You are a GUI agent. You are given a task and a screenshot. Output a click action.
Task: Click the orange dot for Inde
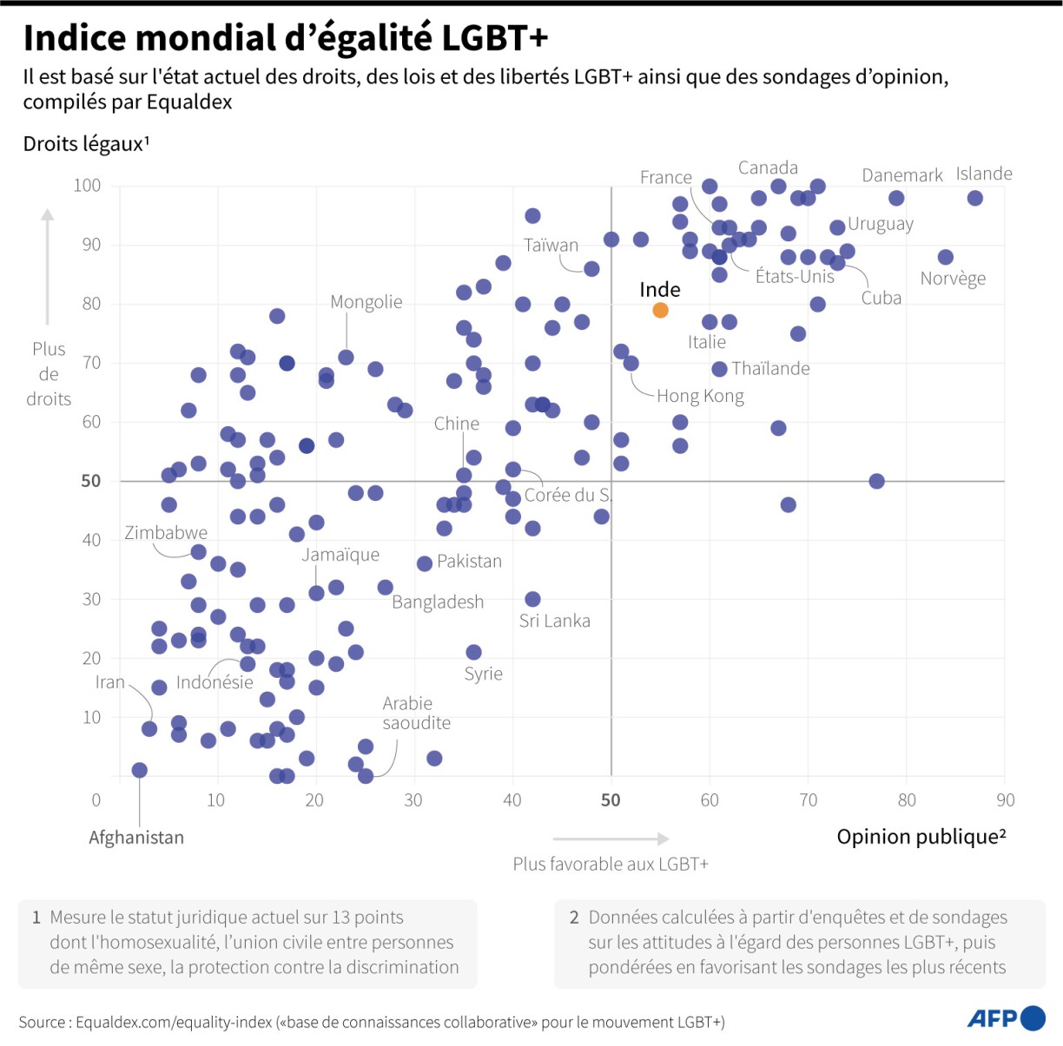tap(660, 310)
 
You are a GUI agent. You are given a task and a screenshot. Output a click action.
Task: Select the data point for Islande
tap(974, 198)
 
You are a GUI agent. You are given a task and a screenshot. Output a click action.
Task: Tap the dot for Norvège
tap(945, 257)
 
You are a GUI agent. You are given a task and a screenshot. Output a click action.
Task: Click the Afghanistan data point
tap(139, 770)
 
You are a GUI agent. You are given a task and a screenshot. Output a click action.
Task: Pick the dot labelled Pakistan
tap(425, 563)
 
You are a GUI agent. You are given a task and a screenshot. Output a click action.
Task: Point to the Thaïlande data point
tap(719, 369)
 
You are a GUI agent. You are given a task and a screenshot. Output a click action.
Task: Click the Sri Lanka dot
tap(532, 599)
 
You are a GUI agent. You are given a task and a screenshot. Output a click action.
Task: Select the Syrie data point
tap(473, 652)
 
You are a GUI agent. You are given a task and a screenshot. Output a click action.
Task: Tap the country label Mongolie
tap(366, 302)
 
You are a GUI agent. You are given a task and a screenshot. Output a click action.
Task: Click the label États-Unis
tap(794, 277)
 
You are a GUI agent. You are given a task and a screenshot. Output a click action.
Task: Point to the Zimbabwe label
tap(166, 532)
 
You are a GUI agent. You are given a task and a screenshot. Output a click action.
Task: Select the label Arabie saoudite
tap(416, 713)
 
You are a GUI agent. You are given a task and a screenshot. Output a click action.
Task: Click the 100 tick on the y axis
tap(87, 185)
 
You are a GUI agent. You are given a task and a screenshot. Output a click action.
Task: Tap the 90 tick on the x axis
tap(1005, 799)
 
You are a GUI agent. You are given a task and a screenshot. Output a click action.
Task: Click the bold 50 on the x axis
tap(611, 799)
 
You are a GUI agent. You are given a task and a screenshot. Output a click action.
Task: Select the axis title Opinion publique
tap(921, 837)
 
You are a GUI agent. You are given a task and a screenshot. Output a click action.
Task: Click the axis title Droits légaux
tap(86, 144)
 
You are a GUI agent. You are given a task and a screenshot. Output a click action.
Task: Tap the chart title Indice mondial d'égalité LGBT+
tap(286, 38)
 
